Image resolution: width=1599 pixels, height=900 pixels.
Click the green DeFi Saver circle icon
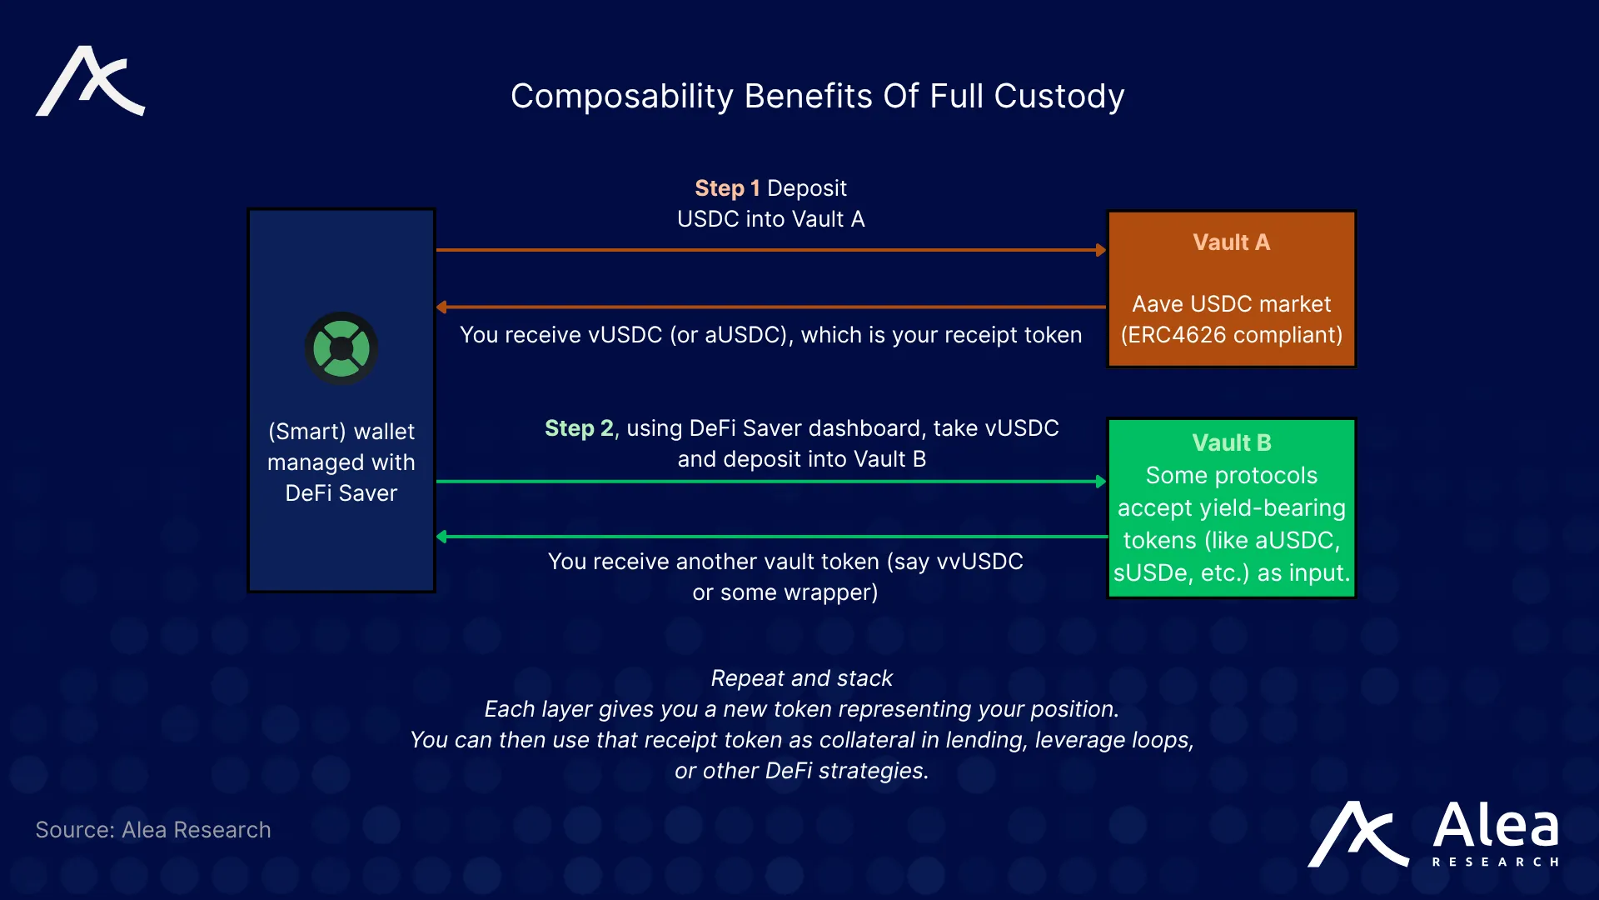pos(341,348)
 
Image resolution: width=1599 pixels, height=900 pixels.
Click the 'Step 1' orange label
pos(727,188)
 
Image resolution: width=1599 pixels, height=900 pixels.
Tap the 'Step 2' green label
pos(580,428)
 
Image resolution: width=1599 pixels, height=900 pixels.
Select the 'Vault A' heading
pos(1231,242)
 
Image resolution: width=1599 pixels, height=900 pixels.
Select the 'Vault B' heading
pos(1231,442)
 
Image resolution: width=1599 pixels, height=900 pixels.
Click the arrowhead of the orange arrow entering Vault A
pos(1101,250)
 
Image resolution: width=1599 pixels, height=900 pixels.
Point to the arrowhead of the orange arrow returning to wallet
pos(441,307)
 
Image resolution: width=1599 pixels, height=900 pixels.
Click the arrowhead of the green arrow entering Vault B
pos(1101,482)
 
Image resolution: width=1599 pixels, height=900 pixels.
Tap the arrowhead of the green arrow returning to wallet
pos(441,537)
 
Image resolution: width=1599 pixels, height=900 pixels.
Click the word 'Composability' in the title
pos(621,97)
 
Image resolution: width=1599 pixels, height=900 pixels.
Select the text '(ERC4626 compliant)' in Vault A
pos(1231,335)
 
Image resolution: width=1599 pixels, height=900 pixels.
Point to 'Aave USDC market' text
pos(1231,304)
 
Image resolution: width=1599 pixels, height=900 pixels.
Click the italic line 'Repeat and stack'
pos(801,678)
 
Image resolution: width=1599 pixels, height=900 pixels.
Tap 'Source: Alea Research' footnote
pos(153,830)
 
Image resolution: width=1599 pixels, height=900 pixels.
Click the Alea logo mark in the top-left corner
pos(90,82)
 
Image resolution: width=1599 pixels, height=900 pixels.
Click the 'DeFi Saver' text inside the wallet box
pos(341,493)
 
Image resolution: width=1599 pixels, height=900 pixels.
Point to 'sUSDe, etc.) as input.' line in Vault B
pos(1231,573)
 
